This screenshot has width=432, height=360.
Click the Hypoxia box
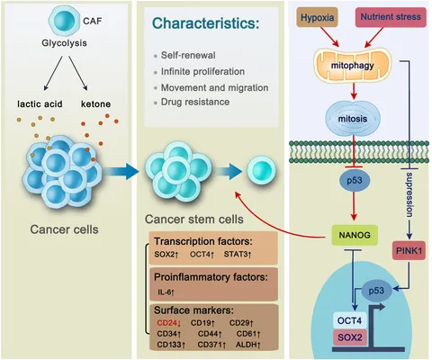click(317, 17)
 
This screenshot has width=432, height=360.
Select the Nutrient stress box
click(391, 17)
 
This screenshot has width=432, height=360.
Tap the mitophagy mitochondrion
click(353, 65)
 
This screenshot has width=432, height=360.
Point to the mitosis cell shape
click(353, 118)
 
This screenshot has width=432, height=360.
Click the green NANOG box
click(355, 235)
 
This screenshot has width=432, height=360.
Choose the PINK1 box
click(409, 250)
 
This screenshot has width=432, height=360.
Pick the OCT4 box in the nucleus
click(349, 320)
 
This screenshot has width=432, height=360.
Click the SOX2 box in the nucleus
click(350, 337)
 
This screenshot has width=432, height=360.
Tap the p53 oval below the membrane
click(355, 181)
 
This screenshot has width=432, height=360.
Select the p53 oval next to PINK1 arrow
click(376, 291)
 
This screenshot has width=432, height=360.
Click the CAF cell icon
click(65, 21)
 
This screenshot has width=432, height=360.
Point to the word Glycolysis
click(64, 43)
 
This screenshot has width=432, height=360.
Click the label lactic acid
click(40, 104)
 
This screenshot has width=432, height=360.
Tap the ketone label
click(95, 104)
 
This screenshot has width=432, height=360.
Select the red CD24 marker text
click(169, 323)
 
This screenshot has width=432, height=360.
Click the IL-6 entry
click(166, 292)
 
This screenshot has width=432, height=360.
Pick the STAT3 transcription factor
click(238, 255)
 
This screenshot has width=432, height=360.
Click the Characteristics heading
click(205, 23)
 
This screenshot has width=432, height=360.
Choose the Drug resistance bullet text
click(195, 102)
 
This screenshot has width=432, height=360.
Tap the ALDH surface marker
click(247, 345)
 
